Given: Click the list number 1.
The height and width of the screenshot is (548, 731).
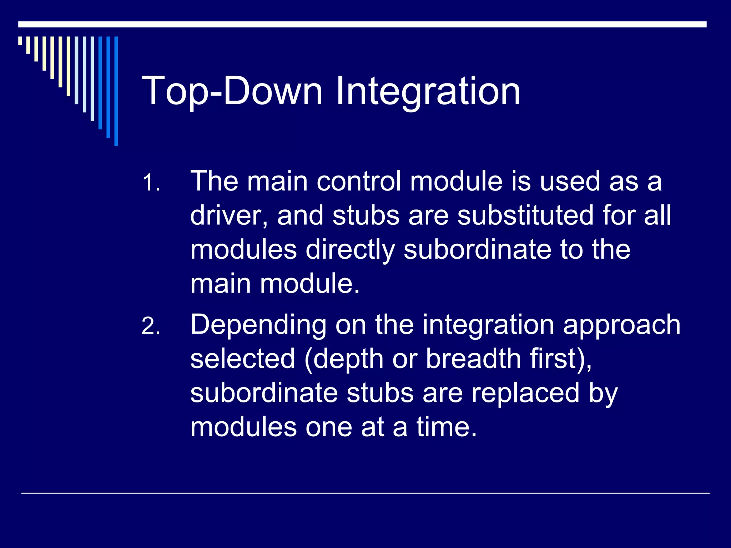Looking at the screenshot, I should pyautogui.click(x=151, y=183).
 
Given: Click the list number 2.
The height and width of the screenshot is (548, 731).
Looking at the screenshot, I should pyautogui.click(x=151, y=326).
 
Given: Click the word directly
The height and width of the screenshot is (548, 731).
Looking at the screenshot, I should pyautogui.click(x=350, y=250).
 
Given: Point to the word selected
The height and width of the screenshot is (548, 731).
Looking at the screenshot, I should pyautogui.click(x=243, y=359).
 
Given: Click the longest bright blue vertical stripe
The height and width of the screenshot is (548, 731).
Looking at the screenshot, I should pyautogui.click(x=116, y=91).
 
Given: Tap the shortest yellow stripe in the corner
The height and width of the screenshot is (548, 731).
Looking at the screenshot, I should pyautogui.click(x=20, y=41).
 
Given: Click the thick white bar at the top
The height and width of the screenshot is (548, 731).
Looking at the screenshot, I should pyautogui.click(x=362, y=24).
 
